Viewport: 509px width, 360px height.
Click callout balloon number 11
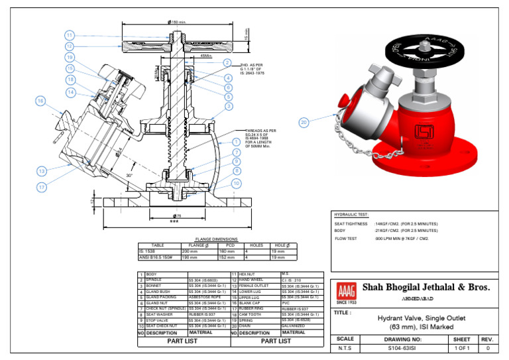[70, 35]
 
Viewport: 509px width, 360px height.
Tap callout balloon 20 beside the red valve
[304, 122]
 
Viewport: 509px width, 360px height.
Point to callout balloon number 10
[237, 183]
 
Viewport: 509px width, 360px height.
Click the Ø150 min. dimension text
[178, 22]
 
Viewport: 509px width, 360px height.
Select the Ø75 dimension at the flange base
[177, 216]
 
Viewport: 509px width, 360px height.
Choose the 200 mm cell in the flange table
[190, 252]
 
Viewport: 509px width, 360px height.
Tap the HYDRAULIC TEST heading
[351, 215]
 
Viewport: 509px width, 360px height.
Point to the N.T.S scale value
[345, 348]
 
